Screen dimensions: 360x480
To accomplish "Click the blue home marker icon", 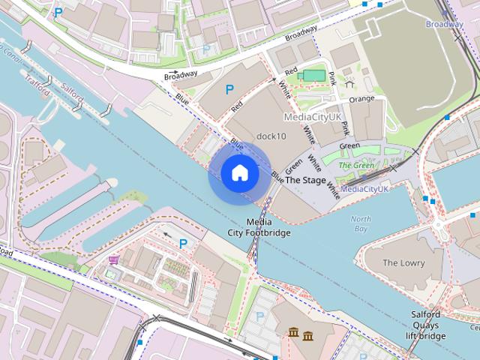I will tap(240, 172).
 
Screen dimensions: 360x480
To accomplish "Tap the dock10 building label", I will tap(271, 136).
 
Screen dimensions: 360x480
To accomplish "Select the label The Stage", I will tap(305, 181).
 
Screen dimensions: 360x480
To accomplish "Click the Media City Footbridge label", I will tap(259, 227).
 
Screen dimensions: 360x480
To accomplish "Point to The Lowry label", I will tap(403, 263).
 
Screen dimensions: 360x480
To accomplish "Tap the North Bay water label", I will tap(361, 223).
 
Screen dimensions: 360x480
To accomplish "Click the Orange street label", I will tap(361, 98).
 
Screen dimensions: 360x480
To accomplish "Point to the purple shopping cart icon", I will tap(113, 259).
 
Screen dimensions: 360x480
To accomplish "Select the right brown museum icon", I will tap(308, 334).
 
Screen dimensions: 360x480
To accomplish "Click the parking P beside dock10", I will tap(229, 89).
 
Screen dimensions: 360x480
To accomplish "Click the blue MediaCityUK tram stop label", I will tap(364, 189).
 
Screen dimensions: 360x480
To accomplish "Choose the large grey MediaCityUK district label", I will tap(312, 118).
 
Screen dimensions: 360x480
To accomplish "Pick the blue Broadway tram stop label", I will tap(444, 25).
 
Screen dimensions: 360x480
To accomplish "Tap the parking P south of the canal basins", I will tap(182, 243).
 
